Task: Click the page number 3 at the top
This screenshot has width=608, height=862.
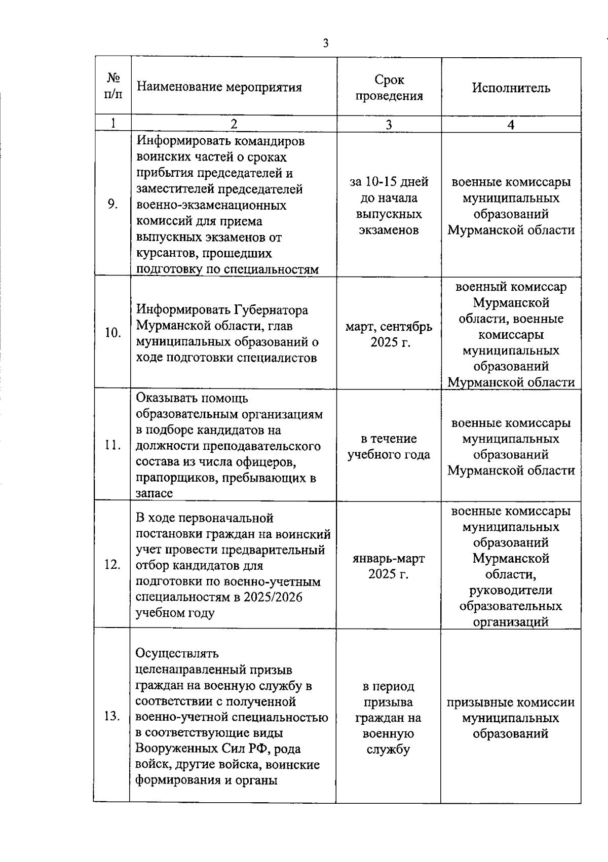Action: (x=325, y=44)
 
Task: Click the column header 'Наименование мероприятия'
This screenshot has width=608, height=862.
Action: (x=219, y=87)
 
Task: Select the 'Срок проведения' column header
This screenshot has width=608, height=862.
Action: (x=389, y=88)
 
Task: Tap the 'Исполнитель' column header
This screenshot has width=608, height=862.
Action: (x=511, y=88)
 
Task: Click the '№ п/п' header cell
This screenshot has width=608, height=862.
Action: (x=113, y=86)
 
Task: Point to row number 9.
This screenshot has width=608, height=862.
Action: (x=113, y=204)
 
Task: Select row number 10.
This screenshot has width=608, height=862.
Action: (x=112, y=333)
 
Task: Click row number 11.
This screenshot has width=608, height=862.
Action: (x=112, y=446)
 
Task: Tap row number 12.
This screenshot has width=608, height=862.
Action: (x=112, y=565)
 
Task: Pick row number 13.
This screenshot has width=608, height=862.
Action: (x=112, y=716)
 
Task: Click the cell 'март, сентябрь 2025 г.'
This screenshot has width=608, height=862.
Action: (x=389, y=334)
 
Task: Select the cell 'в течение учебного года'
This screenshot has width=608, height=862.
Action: (x=389, y=446)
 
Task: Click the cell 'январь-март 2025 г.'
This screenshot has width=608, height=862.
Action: (x=389, y=566)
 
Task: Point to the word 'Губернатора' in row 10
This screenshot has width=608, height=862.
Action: (x=271, y=310)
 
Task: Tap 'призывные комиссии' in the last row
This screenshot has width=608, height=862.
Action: (x=511, y=702)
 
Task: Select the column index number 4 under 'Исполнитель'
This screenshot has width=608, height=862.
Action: (x=511, y=125)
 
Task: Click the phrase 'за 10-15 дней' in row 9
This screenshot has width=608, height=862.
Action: (x=389, y=182)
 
